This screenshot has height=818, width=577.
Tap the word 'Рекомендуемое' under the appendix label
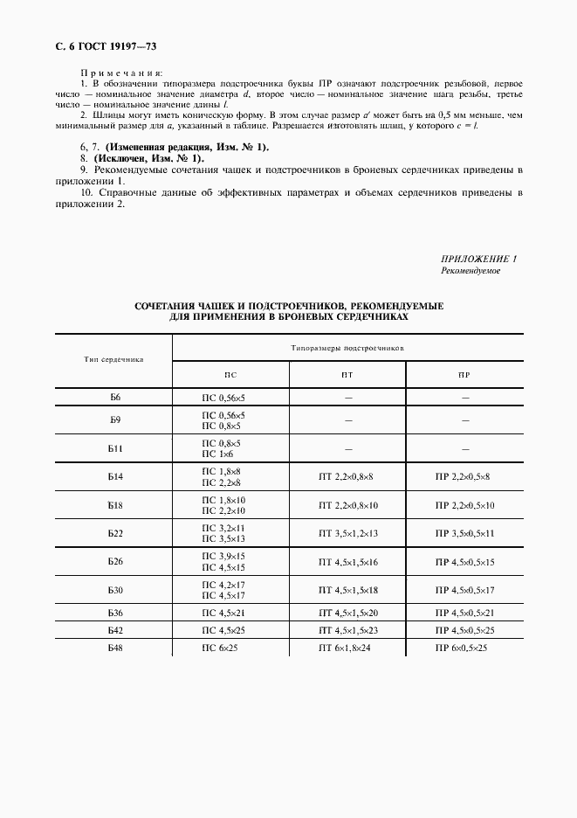click(x=471, y=271)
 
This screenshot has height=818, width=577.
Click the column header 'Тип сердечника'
click(x=113, y=359)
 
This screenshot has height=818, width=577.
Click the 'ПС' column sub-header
click(x=230, y=374)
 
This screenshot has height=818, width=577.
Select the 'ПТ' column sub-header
click(x=347, y=374)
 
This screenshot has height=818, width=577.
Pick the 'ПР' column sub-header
click(x=464, y=374)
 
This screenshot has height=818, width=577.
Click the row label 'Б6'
click(x=114, y=397)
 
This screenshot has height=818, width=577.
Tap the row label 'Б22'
click(x=114, y=532)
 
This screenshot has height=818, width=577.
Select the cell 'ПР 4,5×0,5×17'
click(x=464, y=590)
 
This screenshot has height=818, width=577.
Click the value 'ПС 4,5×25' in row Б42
click(x=223, y=629)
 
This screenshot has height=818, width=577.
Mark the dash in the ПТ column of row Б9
click(x=347, y=419)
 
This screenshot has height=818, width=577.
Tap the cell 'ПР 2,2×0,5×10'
click(x=464, y=505)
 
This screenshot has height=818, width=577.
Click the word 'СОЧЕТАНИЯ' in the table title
click(x=163, y=306)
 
